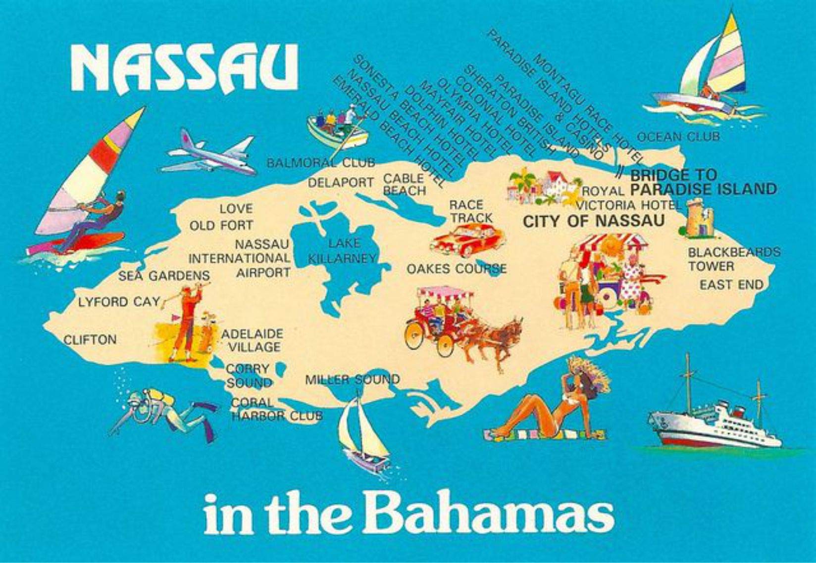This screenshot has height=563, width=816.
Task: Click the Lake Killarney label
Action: [x=342, y=250]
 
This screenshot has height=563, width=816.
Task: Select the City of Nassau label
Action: [x=594, y=221]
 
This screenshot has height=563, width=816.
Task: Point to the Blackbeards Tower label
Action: [x=733, y=259]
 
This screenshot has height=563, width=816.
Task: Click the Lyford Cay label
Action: [x=119, y=301]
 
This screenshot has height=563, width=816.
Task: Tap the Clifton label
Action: [x=90, y=340]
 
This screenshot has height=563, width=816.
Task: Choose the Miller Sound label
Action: [x=352, y=380]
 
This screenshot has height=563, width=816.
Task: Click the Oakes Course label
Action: [x=456, y=269]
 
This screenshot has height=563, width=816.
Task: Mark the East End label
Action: [x=731, y=285]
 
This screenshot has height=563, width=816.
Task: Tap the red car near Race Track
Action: [x=466, y=240]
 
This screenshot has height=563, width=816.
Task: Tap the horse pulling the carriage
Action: [x=495, y=336]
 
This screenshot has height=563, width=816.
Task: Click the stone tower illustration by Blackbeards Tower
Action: [x=698, y=218]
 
